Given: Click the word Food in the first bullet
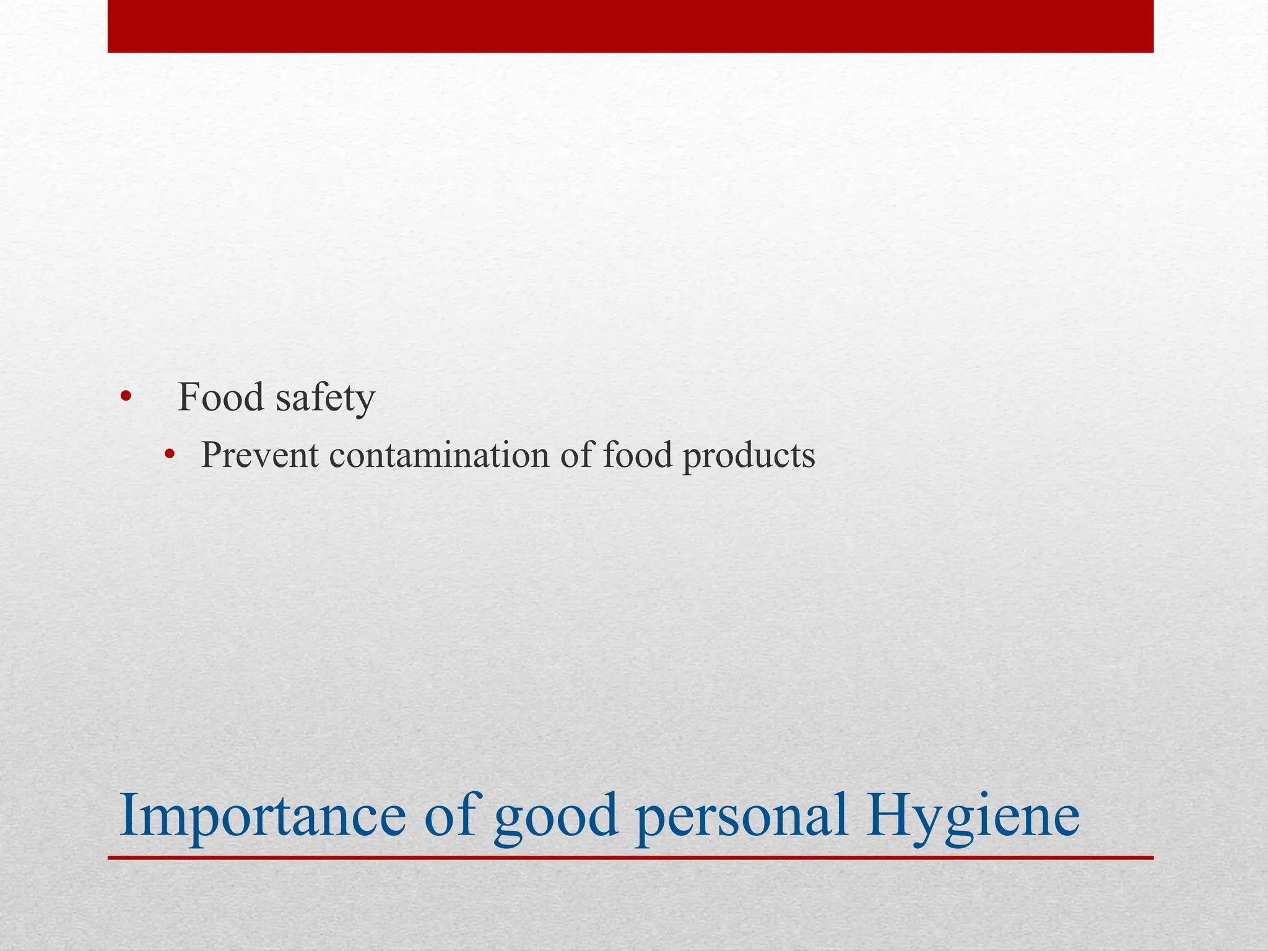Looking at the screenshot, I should point(221,397).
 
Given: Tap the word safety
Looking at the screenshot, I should point(325,397).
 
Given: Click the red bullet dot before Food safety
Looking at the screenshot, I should point(126,397).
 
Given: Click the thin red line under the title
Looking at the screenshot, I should point(630,858).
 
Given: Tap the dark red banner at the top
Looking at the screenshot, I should point(630,26).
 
